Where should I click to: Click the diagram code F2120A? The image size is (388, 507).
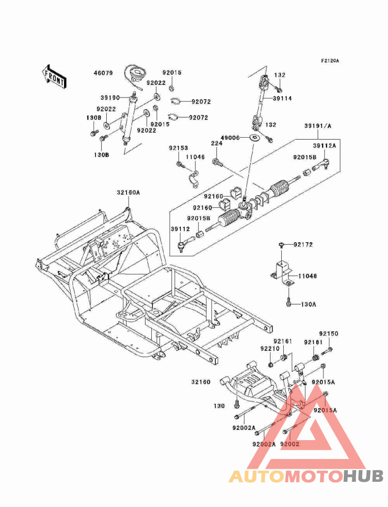(330, 61)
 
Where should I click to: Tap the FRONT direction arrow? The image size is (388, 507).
(53, 77)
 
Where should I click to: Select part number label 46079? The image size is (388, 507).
(103, 74)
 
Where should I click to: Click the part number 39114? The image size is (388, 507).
(282, 98)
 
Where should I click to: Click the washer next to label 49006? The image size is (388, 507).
(254, 139)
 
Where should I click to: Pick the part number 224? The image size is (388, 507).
(216, 143)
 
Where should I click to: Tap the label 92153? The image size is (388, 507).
(178, 148)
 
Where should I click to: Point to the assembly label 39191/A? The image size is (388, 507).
(317, 126)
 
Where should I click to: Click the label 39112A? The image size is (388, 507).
(324, 144)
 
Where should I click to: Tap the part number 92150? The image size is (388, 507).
(328, 334)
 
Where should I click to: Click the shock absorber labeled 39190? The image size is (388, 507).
(129, 119)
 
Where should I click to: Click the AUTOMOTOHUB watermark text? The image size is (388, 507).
(306, 476)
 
